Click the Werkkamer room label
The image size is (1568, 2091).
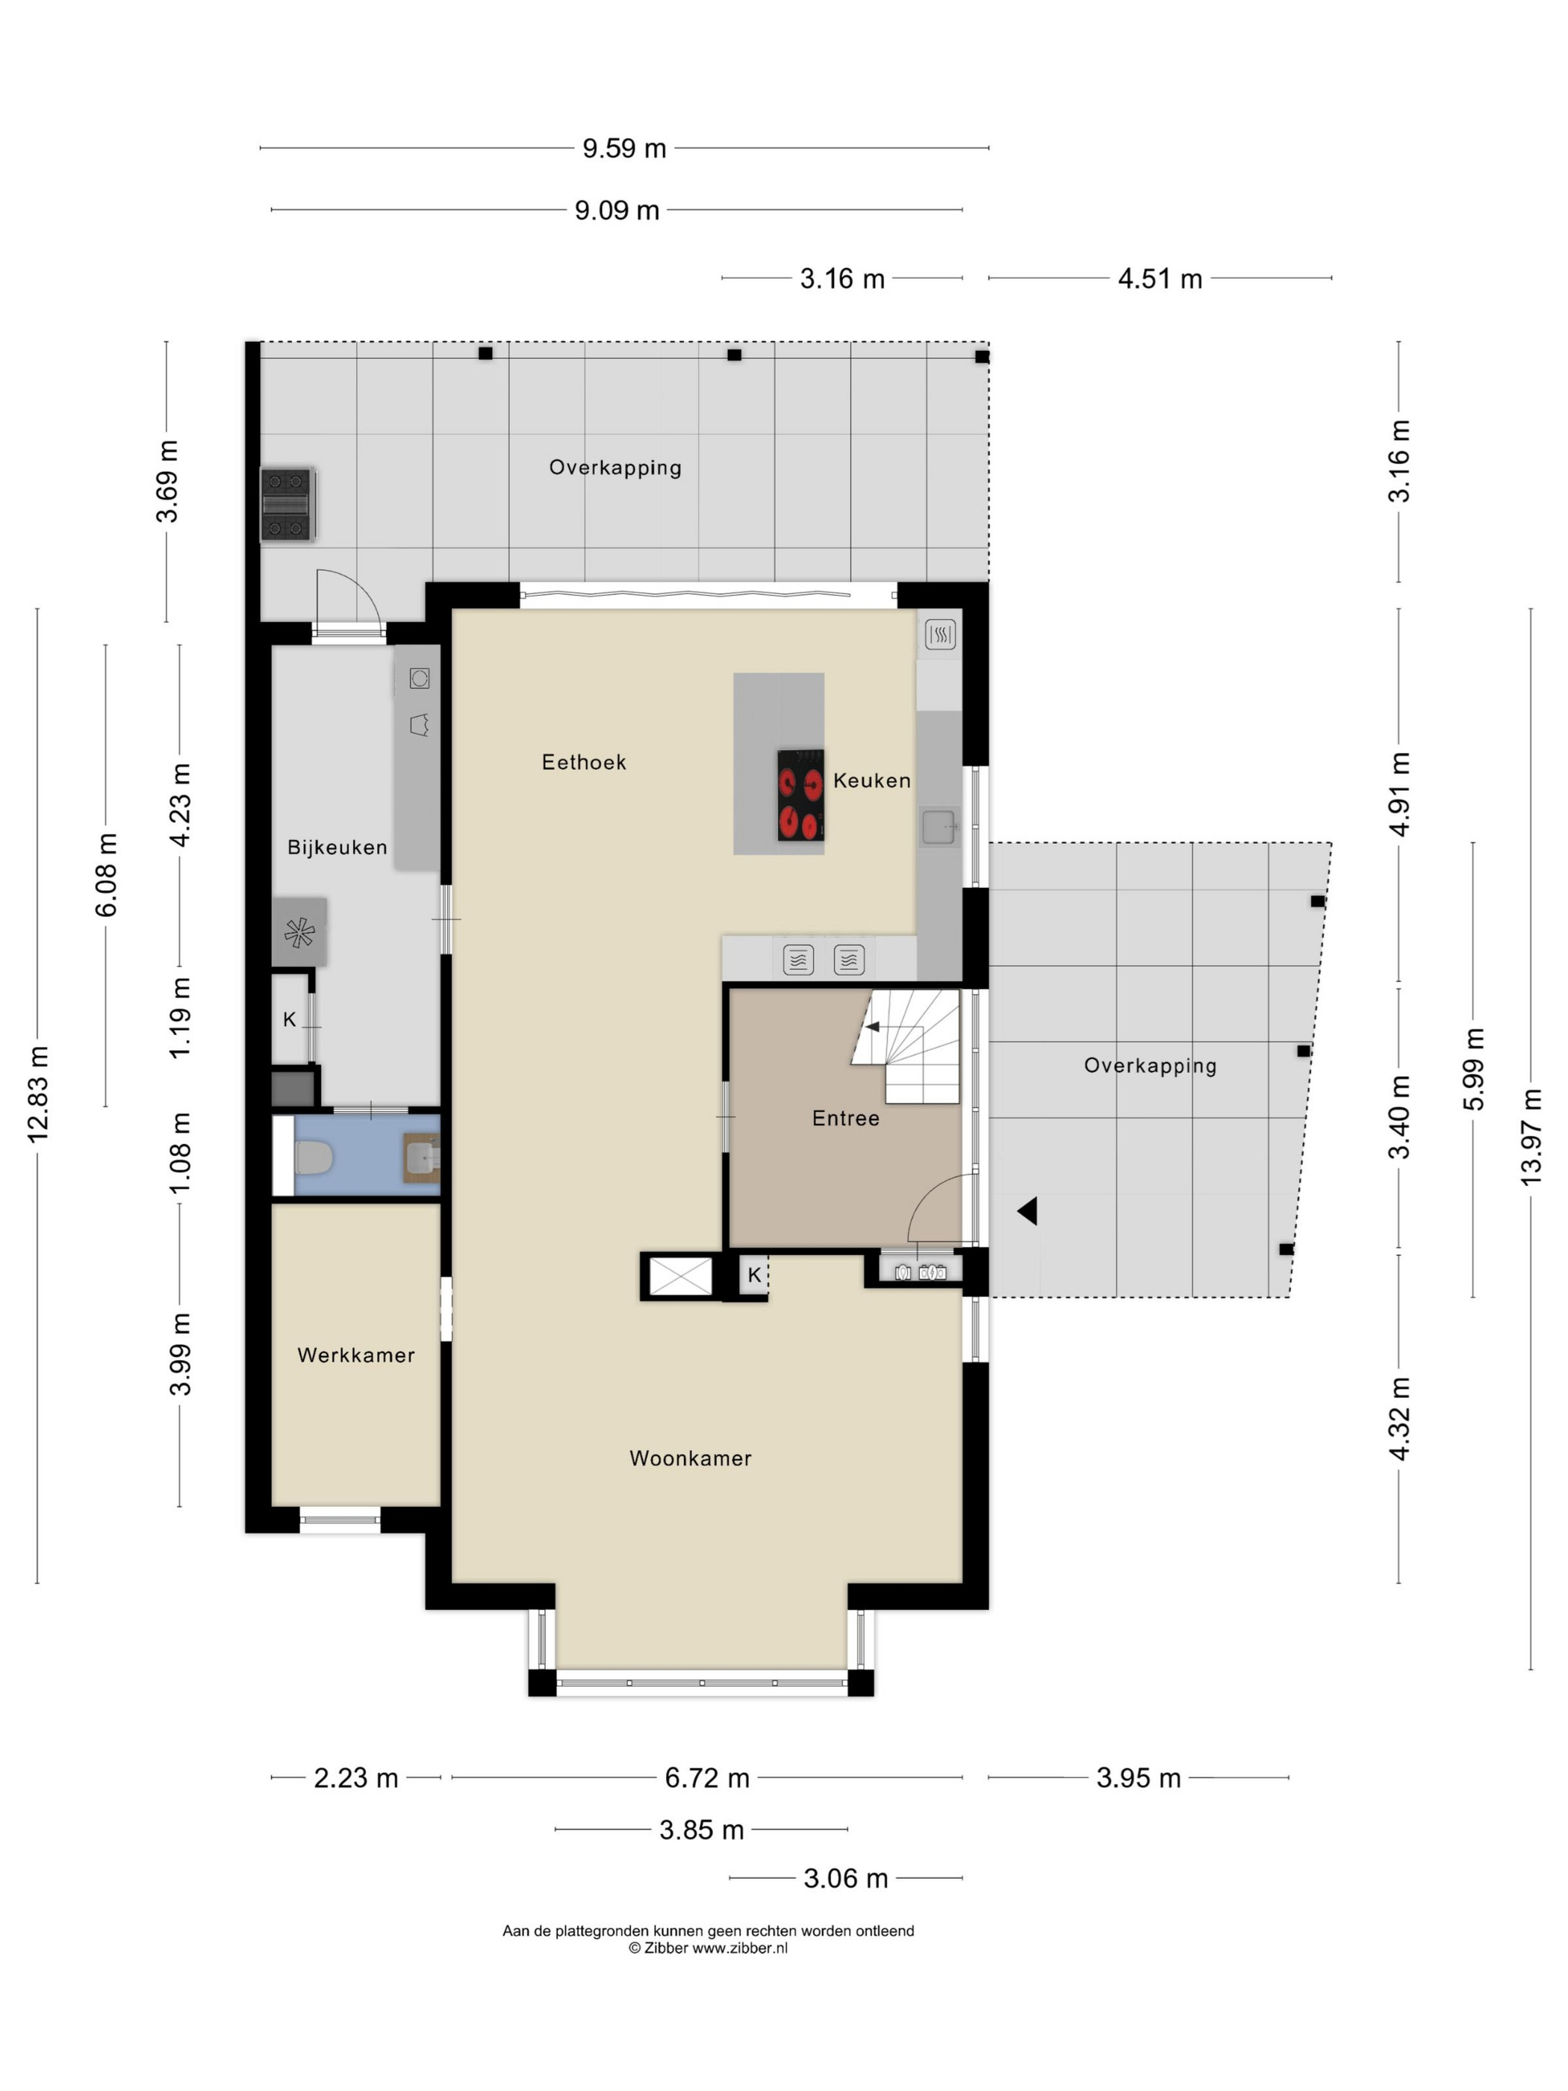click(355, 1355)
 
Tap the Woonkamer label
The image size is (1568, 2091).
click(690, 1458)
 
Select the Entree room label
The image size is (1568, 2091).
click(845, 1118)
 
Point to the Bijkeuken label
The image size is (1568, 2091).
click(337, 848)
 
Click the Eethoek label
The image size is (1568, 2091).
click(583, 762)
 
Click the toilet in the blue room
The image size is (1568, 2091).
click(312, 1156)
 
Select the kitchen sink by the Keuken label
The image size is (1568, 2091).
click(939, 826)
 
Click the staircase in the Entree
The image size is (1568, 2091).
click(906, 1045)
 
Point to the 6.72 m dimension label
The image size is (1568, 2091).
click(707, 1778)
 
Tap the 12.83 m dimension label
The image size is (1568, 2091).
click(38, 1095)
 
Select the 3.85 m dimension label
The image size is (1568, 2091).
click(701, 1830)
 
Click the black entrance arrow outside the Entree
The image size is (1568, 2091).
click(1027, 1211)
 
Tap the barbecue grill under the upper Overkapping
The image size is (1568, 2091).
click(287, 505)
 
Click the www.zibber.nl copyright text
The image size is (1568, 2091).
click(708, 1948)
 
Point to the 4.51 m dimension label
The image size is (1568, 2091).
click(1160, 279)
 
